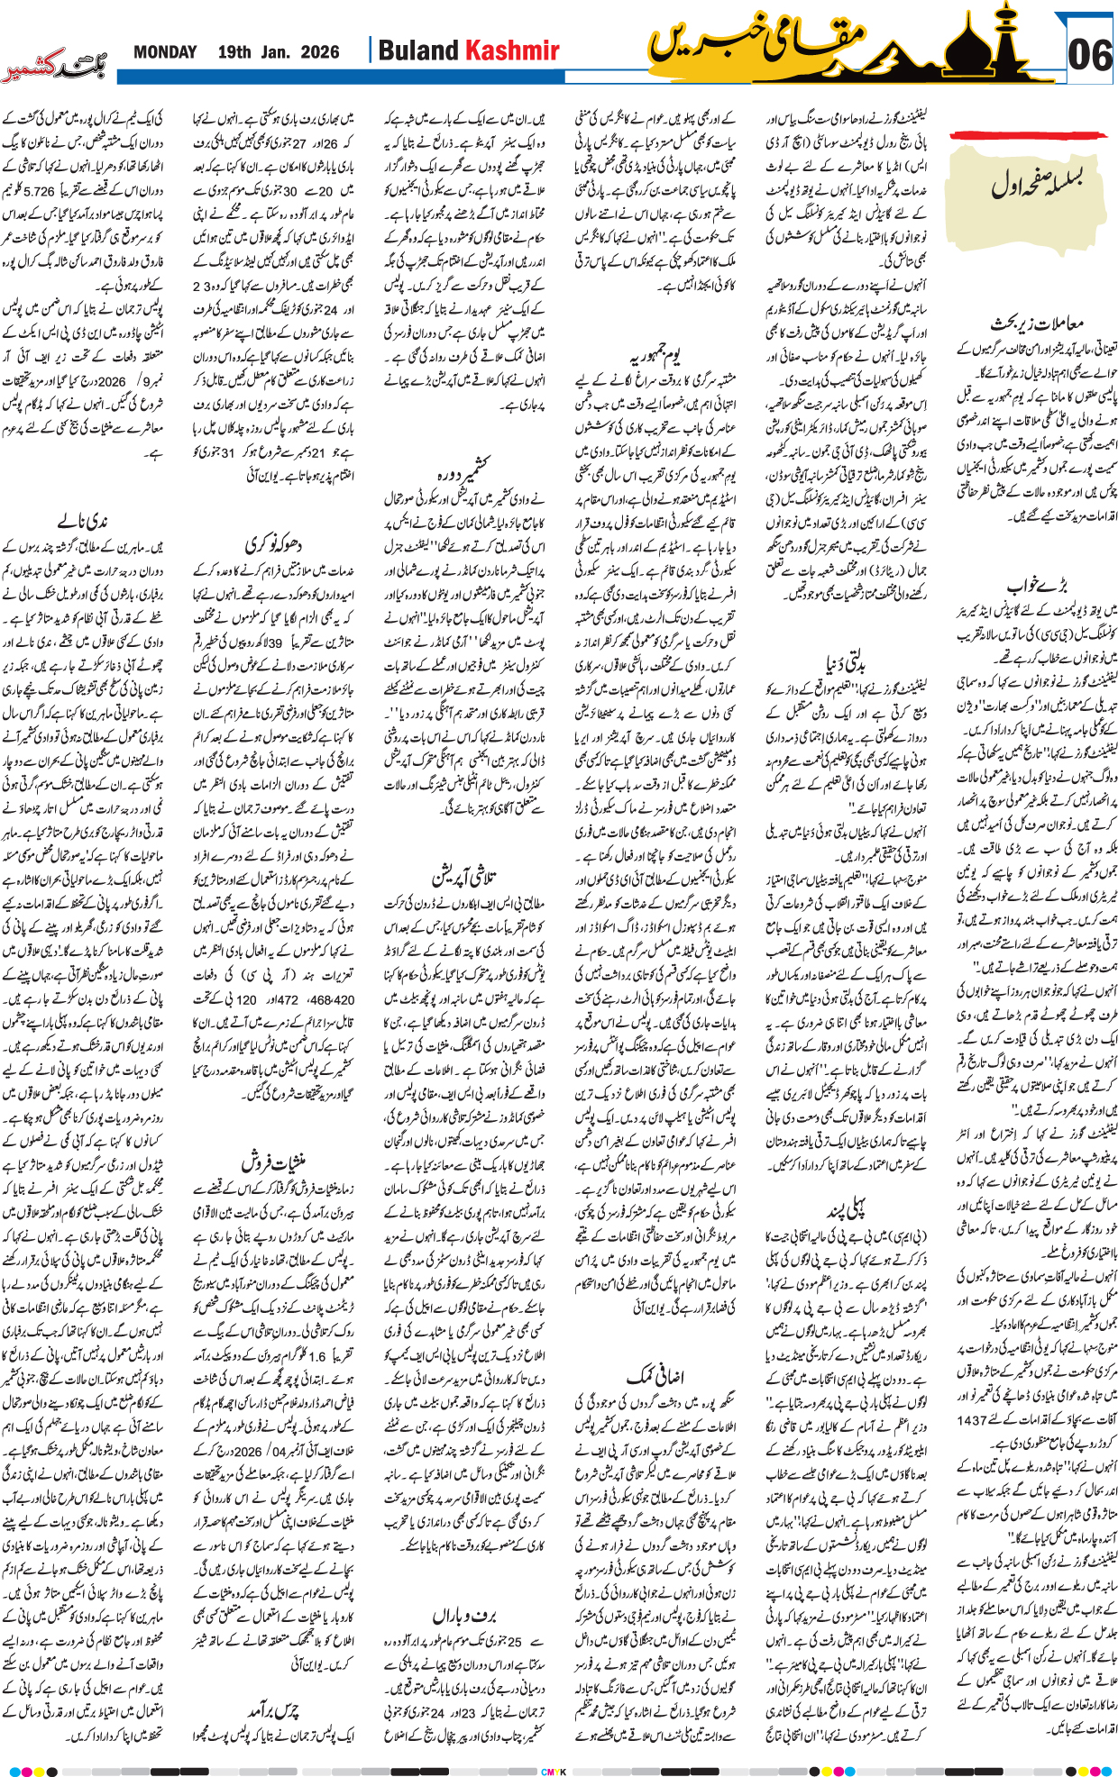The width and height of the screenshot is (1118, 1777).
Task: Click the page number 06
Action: pos(1089,56)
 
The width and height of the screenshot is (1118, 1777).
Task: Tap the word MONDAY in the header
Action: pos(165,52)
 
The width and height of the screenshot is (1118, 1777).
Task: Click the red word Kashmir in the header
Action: pos(511,51)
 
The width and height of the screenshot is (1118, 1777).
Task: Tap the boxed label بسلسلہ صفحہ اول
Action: pos(1036,184)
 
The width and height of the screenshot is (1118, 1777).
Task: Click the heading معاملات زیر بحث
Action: pos(1036,324)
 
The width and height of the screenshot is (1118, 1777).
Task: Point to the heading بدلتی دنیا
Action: pos(845,664)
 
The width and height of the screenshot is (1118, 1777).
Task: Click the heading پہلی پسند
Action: pos(845,1210)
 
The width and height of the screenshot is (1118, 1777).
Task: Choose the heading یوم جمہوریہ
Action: pos(655,353)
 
